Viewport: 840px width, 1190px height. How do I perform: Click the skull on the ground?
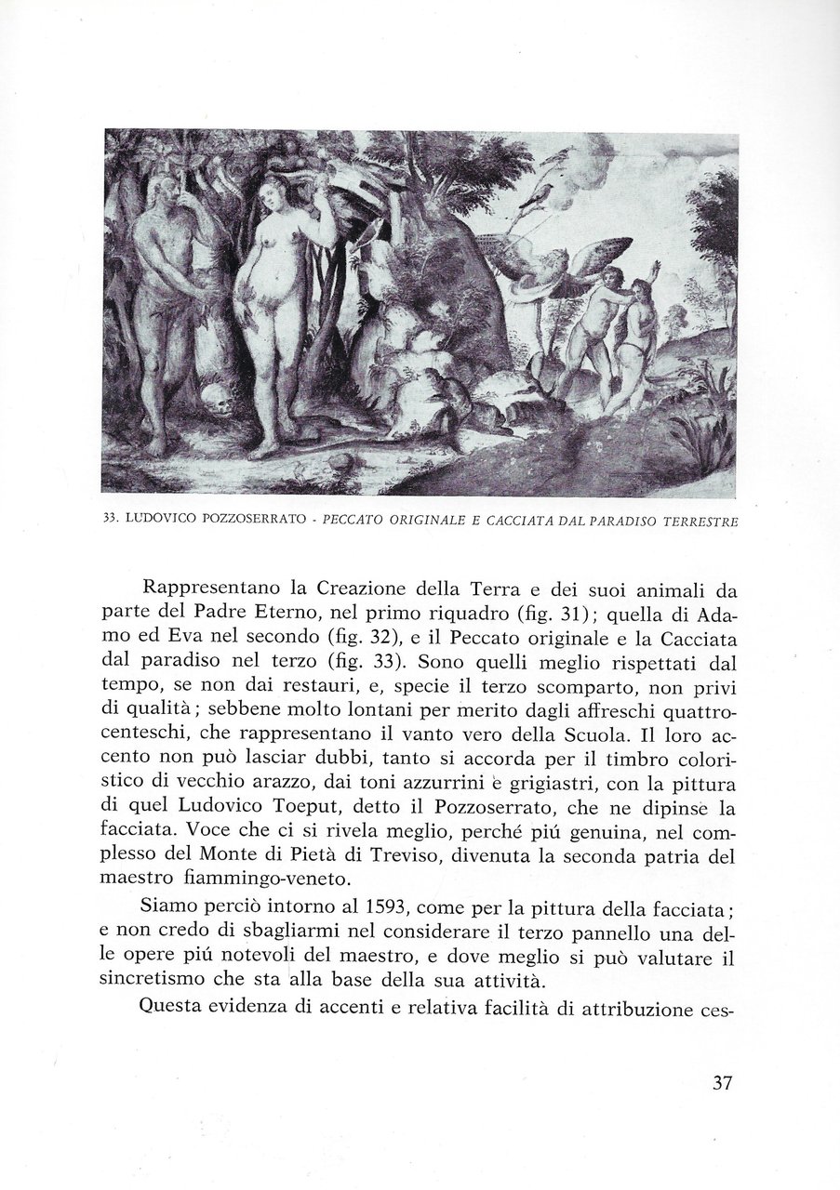(x=219, y=403)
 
